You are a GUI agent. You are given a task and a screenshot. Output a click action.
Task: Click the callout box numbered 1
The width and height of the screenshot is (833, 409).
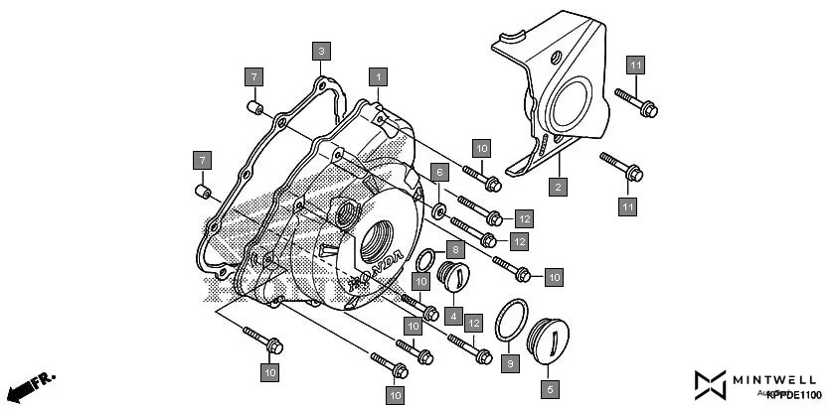click(x=377, y=74)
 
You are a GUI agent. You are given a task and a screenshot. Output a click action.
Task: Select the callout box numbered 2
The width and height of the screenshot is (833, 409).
click(x=559, y=186)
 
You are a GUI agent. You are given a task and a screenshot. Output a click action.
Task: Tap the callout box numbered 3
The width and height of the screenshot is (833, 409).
click(x=320, y=50)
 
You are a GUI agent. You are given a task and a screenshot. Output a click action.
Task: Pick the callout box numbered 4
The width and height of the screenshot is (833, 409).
click(x=453, y=317)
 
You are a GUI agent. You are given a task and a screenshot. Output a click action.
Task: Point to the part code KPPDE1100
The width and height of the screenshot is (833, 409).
click(x=794, y=395)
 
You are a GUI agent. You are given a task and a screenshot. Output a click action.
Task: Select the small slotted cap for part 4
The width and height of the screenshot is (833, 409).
click(x=454, y=279)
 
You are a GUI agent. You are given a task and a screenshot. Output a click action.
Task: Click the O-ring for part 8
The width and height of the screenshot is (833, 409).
click(x=423, y=261)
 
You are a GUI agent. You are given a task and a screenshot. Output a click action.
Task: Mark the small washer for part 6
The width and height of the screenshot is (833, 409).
click(x=437, y=210)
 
